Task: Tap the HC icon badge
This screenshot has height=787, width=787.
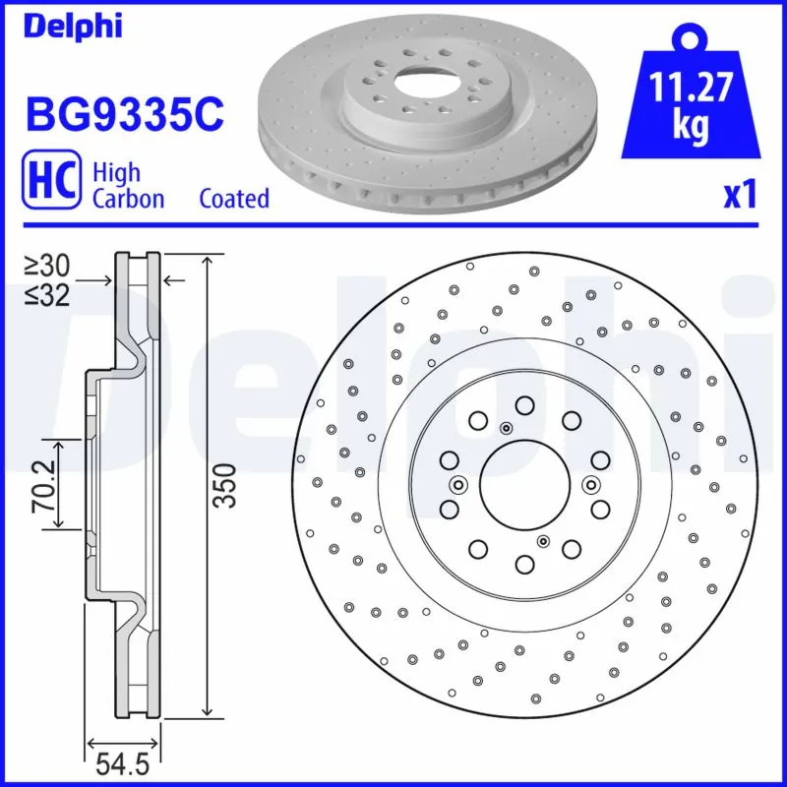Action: click(50, 184)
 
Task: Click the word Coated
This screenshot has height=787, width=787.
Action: click(234, 199)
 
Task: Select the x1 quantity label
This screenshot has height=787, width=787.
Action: click(740, 196)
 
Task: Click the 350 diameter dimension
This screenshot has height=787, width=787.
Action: click(225, 484)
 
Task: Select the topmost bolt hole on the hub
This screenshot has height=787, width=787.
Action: click(523, 404)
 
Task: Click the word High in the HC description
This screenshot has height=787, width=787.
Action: click(116, 172)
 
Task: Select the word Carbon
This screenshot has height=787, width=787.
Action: click(128, 199)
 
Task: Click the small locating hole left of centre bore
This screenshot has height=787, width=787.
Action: click(458, 484)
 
